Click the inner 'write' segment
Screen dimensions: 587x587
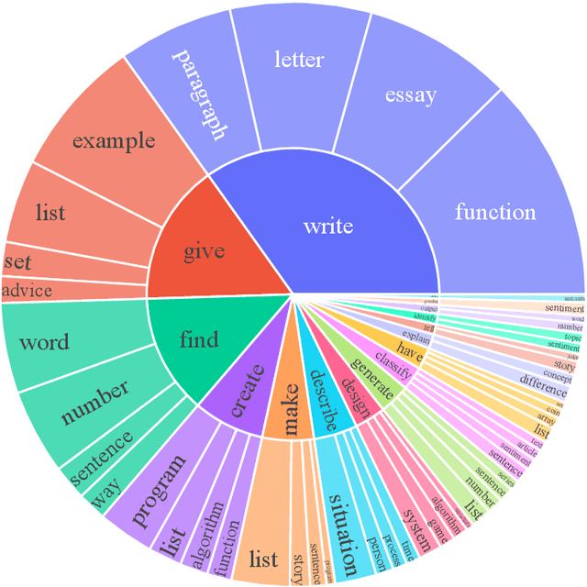328,225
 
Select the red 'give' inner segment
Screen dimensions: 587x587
204,251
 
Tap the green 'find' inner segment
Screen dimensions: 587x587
198,340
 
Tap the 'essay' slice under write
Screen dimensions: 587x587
410,94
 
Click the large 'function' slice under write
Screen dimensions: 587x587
496,212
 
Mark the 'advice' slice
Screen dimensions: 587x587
28,291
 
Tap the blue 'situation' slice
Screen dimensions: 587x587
339,532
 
